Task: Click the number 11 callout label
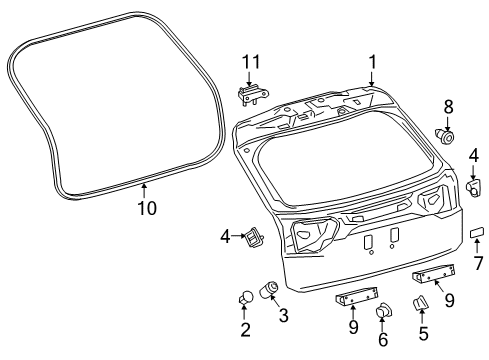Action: point(251,62)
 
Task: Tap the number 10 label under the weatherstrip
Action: point(147,208)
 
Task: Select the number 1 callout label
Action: point(372,62)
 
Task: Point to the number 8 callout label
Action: point(448,107)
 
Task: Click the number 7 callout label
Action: point(478,263)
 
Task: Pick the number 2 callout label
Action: point(245,330)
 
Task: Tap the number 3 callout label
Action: point(283,315)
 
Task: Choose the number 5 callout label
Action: point(423,334)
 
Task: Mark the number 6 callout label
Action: point(383,339)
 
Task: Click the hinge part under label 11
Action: point(252,95)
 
